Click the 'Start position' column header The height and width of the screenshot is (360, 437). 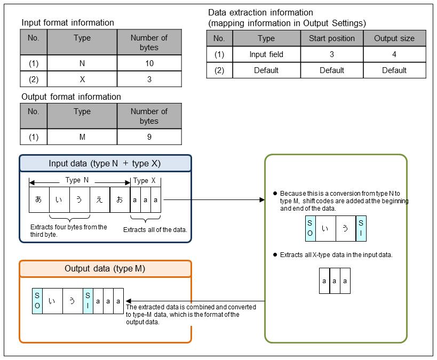click(331, 38)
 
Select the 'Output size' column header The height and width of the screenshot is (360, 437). click(394, 38)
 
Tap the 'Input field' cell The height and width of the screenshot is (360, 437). click(266, 54)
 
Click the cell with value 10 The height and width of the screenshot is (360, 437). click(149, 63)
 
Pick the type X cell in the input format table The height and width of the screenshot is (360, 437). click(82, 79)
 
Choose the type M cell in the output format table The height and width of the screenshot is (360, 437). click(82, 137)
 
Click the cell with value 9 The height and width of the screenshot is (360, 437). click(149, 137)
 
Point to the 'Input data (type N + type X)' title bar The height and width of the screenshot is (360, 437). click(105, 164)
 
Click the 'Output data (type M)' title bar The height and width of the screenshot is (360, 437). click(105, 269)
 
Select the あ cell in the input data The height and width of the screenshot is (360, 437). click(38, 199)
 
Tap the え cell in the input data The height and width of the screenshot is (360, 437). click(99, 199)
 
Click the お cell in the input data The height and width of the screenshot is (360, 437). click(120, 199)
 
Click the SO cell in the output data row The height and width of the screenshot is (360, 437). click(37, 301)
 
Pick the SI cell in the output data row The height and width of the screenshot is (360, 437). click(88, 301)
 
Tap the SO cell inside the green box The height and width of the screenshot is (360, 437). click(310, 229)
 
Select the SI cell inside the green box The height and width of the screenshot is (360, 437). click(361, 229)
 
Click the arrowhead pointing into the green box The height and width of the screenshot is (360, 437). click(261, 200)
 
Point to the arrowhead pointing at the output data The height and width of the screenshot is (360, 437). click(129, 301)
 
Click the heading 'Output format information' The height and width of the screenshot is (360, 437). click(71, 97)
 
